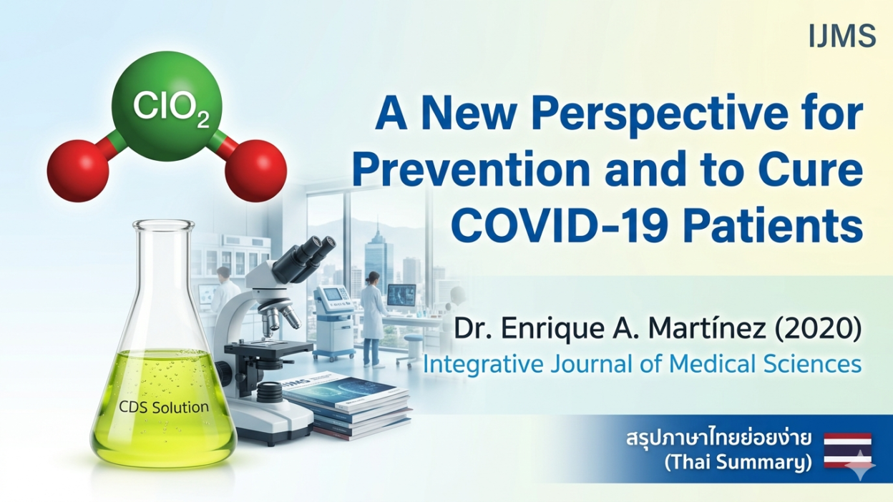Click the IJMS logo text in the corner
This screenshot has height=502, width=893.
tap(842, 36)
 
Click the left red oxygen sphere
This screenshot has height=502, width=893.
tap(78, 170)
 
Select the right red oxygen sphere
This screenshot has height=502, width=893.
tap(255, 170)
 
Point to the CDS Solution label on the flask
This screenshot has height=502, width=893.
tap(164, 407)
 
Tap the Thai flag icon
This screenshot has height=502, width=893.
tap(847, 456)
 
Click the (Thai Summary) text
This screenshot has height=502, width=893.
tap(738, 463)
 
